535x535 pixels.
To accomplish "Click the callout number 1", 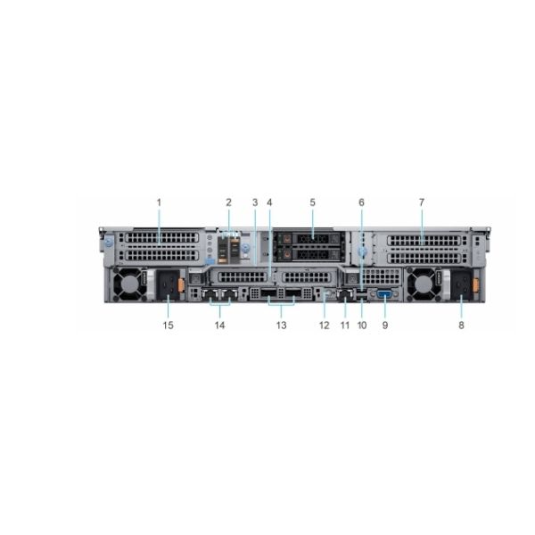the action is click(x=159, y=202).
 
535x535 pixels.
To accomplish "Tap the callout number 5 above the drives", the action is click(x=313, y=202).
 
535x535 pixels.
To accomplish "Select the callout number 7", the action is click(x=422, y=202).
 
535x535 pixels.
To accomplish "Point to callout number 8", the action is click(x=461, y=325).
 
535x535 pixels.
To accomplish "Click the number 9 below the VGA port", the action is click(x=385, y=325).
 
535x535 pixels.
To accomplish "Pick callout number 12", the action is click(x=325, y=325).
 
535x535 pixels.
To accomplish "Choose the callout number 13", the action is click(x=281, y=325).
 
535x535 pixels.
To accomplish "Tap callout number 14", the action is click(x=219, y=325).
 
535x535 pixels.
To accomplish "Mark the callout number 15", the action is click(x=168, y=325).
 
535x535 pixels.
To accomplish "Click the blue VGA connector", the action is click(x=385, y=294).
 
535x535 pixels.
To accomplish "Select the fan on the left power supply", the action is click(x=129, y=284).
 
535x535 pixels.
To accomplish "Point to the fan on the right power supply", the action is click(x=423, y=284).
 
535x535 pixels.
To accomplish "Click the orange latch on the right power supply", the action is click(x=475, y=285).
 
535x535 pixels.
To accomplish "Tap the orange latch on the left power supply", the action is click(x=181, y=285).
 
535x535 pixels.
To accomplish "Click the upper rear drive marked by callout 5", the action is click(x=309, y=238).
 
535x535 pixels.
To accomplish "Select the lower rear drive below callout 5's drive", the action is click(x=309, y=254).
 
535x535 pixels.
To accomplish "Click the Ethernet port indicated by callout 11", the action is click(x=345, y=294).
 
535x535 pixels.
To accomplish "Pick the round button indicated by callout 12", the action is click(x=327, y=292).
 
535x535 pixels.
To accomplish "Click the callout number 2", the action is click(x=228, y=202).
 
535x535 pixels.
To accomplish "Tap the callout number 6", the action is click(x=362, y=202).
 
